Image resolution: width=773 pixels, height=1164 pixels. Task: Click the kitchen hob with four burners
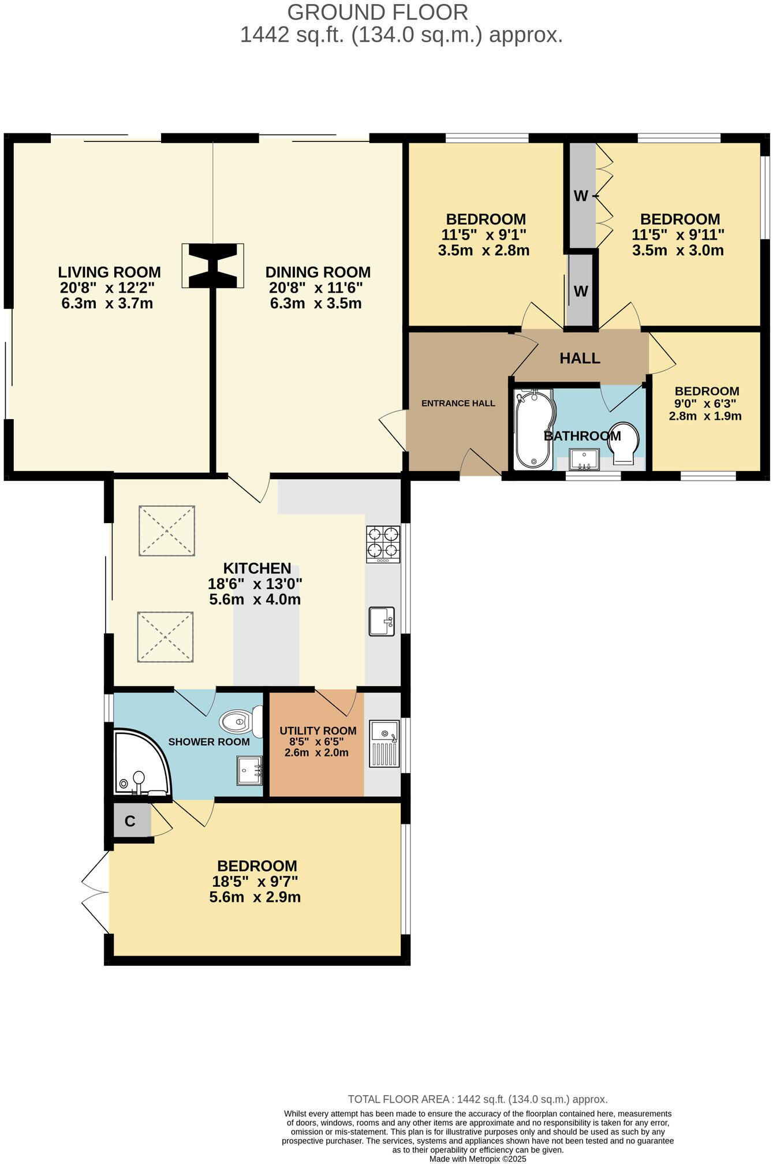click(383, 544)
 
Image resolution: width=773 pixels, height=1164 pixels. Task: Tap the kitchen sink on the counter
click(382, 621)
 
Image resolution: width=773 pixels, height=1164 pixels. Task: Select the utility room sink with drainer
click(384, 744)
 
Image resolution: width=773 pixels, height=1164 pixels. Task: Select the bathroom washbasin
click(584, 460)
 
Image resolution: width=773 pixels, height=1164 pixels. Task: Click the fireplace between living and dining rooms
click(213, 266)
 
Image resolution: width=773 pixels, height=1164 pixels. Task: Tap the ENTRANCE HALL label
click(458, 403)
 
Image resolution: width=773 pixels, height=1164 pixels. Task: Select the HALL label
click(580, 358)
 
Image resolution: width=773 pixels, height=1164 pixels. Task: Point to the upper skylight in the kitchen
click(167, 531)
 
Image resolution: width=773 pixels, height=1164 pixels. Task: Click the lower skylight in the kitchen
click(165, 636)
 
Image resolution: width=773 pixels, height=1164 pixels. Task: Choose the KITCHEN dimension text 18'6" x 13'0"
click(255, 584)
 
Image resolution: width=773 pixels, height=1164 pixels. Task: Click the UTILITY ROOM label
click(318, 730)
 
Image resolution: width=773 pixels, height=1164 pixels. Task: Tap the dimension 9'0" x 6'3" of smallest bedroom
click(706, 404)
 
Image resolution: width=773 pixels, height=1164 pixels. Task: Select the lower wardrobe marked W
click(581, 290)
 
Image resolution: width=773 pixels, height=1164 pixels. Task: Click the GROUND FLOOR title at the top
click(378, 12)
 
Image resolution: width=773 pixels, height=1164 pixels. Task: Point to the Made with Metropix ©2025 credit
click(477, 1158)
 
